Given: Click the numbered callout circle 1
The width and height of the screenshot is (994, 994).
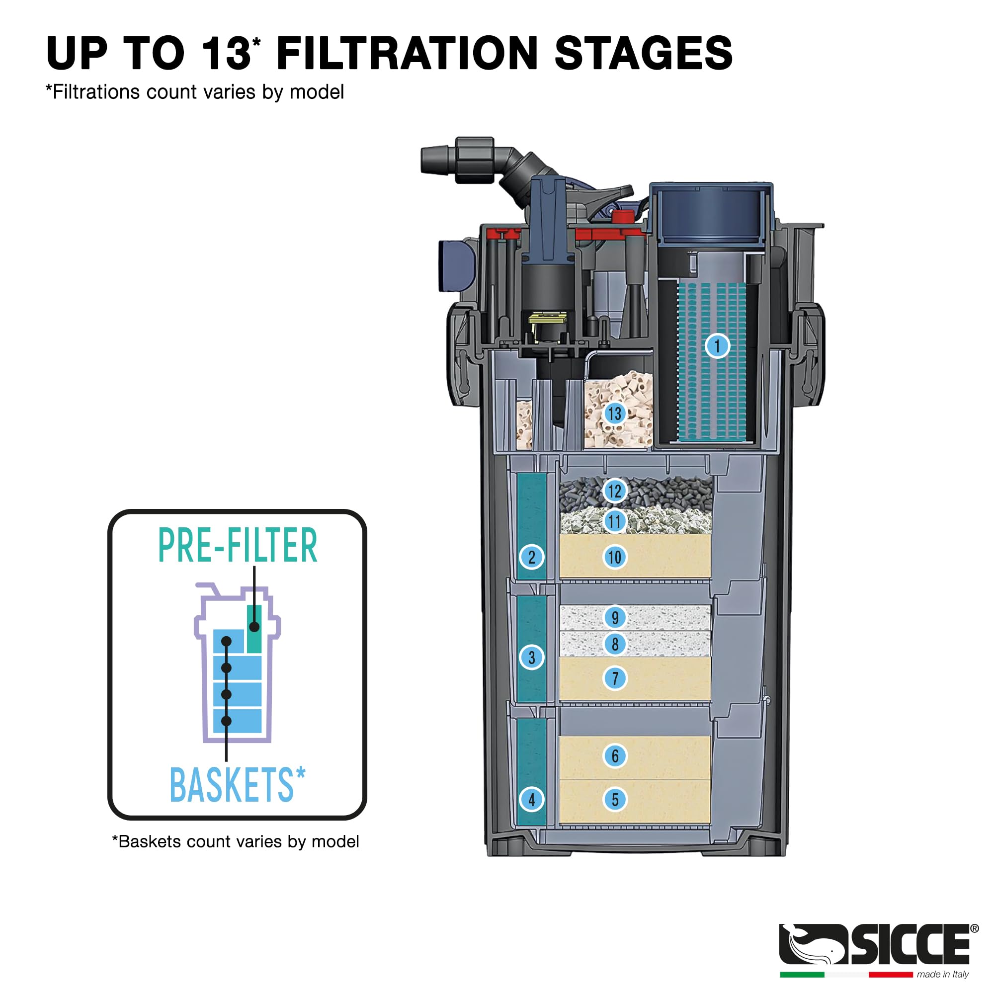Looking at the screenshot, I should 717,346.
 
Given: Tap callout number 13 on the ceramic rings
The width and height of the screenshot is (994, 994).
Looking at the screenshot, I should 614,414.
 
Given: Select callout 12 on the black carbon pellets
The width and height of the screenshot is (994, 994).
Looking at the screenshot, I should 614,491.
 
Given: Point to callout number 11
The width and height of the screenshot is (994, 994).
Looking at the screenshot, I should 614,522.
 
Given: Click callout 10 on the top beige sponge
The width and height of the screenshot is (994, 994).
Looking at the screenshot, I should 614,557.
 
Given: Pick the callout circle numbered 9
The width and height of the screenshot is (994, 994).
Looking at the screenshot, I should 614,617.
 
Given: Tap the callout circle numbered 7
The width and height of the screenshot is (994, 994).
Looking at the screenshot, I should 614,678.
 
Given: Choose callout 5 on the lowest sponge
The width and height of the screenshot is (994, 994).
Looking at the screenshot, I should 614,800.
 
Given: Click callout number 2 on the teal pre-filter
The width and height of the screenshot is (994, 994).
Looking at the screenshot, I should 531,557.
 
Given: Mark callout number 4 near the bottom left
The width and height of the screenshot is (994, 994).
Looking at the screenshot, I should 531,800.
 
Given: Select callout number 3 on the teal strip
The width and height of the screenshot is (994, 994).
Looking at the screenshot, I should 531,658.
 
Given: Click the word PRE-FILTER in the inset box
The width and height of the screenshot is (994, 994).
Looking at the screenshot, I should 237,546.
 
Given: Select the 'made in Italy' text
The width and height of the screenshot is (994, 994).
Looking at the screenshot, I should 942,975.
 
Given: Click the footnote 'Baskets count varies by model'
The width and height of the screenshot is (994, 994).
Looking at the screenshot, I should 236,842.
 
